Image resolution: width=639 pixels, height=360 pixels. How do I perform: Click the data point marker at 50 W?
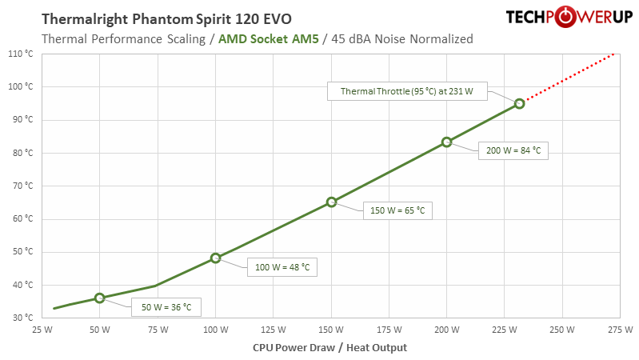tap(99, 298)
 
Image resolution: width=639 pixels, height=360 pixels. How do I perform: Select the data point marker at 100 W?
tap(215, 258)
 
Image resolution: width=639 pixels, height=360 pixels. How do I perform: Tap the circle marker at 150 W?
tap(331, 202)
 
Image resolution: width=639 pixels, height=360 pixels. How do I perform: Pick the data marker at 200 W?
tap(447, 142)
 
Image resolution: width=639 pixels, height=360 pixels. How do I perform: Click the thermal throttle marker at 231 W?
tap(519, 103)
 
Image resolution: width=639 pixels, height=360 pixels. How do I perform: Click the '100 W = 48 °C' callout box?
tap(282, 266)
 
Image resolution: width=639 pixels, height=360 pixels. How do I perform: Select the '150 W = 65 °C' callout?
tap(397, 210)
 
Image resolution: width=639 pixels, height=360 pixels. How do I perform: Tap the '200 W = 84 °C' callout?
tap(513, 150)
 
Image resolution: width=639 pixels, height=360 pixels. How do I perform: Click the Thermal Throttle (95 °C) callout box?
tap(406, 91)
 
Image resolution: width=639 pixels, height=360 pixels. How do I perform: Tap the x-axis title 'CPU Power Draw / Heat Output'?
tap(329, 347)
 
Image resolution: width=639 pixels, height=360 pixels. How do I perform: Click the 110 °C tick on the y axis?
tap(19, 54)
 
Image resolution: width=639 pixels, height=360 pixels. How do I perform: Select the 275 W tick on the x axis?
tap(620, 329)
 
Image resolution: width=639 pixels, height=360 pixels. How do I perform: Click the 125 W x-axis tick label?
tap(273, 329)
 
